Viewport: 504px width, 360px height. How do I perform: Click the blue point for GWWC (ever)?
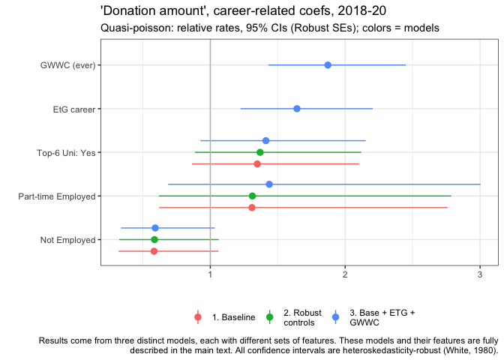[328, 65]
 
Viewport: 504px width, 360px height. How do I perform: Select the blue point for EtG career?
[297, 109]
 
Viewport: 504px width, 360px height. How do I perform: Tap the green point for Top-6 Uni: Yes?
[260, 152]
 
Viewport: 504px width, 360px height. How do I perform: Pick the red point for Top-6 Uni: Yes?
[257, 163]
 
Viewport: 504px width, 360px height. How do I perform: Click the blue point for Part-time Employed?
[269, 184]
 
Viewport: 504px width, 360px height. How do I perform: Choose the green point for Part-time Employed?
[252, 196]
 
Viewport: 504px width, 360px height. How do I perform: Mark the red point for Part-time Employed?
[252, 207]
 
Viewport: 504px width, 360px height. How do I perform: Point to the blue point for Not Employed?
[155, 228]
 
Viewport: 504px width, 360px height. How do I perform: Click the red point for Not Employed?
[154, 250]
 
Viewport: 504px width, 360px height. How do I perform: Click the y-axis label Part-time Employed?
[57, 196]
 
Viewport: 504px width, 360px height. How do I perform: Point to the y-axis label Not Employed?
[67, 240]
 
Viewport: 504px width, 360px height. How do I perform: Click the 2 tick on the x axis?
[345, 275]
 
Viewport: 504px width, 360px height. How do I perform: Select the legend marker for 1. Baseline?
[198, 317]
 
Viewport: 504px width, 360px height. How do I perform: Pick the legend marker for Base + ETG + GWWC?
[335, 317]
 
